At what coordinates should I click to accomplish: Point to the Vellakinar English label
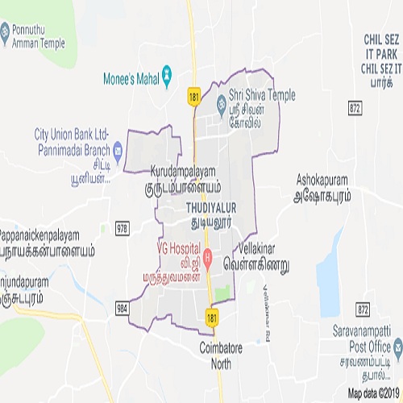click(x=264, y=249)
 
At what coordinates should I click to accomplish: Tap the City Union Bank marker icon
click(x=118, y=148)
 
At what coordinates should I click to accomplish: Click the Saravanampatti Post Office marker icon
click(x=397, y=347)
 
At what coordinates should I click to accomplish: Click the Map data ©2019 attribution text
click(x=373, y=394)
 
